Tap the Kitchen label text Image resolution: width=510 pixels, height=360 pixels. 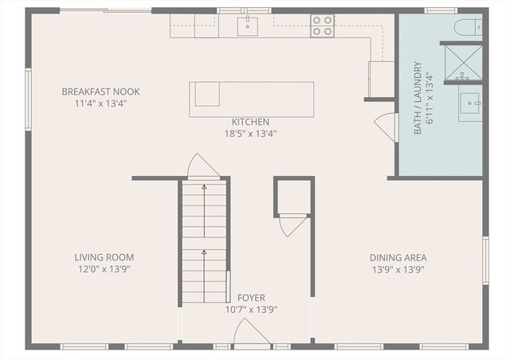(x=250, y=122)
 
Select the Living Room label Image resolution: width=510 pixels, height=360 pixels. (x=104, y=257)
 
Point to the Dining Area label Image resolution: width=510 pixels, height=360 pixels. (x=398, y=257)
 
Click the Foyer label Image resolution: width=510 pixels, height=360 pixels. (x=251, y=298)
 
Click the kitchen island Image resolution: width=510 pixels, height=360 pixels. (x=251, y=99)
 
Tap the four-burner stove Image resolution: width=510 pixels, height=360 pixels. (x=322, y=25)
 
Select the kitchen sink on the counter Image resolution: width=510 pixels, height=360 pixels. (x=248, y=25)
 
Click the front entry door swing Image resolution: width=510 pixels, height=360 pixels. (x=252, y=334)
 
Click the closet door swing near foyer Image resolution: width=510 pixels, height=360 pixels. (x=292, y=225)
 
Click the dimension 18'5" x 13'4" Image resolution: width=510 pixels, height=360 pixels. (x=250, y=134)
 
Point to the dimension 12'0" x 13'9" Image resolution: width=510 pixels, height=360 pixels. (x=104, y=269)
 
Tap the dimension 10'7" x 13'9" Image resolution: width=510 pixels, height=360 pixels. (x=251, y=310)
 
